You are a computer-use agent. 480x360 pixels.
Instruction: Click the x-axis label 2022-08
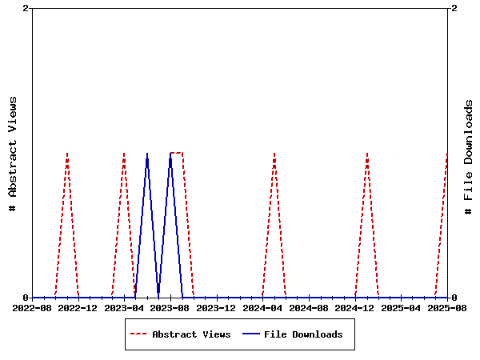[33, 308]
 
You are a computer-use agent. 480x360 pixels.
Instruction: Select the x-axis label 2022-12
[78, 308]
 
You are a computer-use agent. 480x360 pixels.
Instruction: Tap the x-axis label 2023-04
[125, 308]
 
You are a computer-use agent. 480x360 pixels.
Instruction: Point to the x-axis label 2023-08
[170, 308]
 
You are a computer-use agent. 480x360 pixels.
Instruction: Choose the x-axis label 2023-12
[217, 308]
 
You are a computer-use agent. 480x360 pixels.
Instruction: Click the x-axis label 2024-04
[263, 308]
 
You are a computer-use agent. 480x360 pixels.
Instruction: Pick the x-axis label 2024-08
[310, 308]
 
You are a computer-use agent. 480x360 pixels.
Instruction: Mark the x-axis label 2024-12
[355, 308]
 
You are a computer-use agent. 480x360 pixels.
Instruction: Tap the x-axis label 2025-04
[402, 308]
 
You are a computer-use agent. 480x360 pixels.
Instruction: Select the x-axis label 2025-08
[447, 308]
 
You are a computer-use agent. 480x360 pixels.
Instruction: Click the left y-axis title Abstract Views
[13, 153]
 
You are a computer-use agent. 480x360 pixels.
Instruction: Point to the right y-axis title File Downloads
[469, 157]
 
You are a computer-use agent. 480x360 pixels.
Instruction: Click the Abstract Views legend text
[191, 334]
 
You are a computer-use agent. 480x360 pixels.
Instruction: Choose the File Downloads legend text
[303, 334]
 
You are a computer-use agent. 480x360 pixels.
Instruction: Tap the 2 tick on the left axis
[26, 8]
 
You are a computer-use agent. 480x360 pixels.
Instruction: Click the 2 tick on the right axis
[454, 8]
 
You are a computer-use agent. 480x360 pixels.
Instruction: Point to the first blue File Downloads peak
[147, 153]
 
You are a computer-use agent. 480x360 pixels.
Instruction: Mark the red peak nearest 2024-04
[274, 153]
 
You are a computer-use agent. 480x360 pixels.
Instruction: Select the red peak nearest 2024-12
[367, 153]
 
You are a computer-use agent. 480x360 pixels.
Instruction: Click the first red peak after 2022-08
[67, 153]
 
